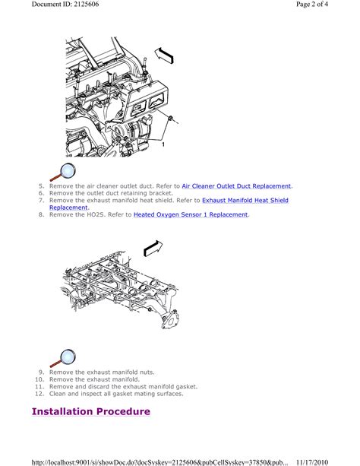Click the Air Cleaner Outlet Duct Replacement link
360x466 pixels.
pos(236,186)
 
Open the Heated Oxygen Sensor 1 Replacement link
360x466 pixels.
pos(191,214)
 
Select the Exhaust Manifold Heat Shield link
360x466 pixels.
pos(245,200)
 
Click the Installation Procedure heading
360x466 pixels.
pos(91,411)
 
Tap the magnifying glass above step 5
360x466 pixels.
pos(63,172)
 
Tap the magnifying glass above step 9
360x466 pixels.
pos(63,358)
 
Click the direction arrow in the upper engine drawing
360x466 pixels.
pos(163,55)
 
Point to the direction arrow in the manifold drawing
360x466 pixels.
pos(153,249)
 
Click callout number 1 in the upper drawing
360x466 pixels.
pos(163,144)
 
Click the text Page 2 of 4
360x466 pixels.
pos(312,4)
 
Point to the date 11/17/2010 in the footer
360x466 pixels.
pos(312,462)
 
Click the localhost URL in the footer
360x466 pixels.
pos(159,462)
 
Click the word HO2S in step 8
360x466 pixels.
pos(96,214)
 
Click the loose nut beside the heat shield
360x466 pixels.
pos(171,119)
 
